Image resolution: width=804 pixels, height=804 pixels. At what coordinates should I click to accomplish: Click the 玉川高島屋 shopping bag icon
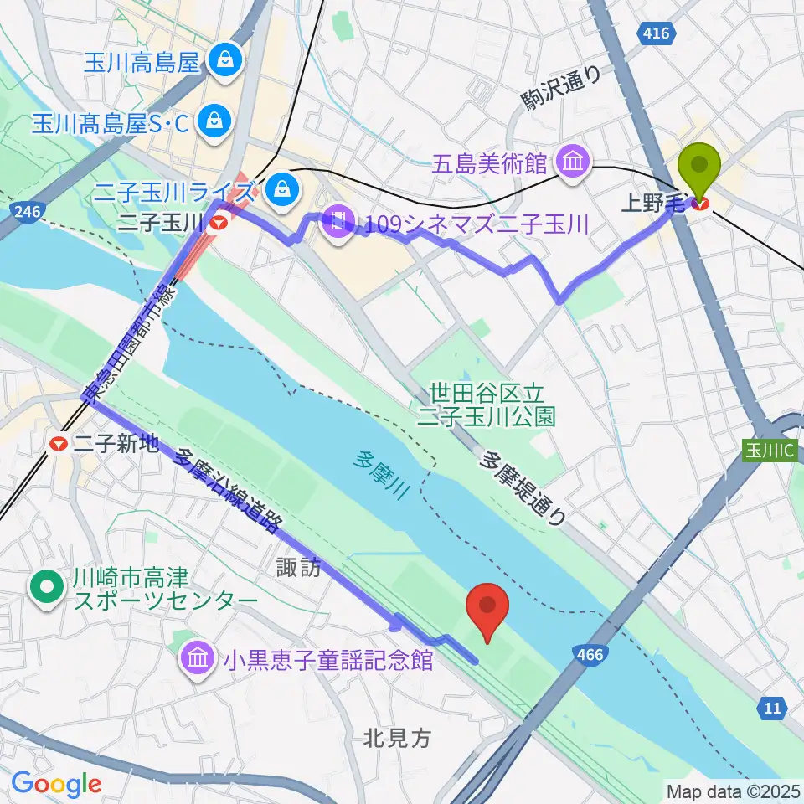[225, 60]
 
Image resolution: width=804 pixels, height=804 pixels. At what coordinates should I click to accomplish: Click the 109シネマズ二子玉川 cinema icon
[338, 224]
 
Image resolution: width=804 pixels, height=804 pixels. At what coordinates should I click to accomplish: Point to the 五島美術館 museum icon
[574, 161]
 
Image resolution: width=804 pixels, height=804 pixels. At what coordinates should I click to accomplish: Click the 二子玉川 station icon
[219, 224]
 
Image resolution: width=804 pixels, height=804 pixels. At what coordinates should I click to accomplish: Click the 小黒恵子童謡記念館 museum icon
[196, 659]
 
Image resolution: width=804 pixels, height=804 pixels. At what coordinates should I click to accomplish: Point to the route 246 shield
[26, 213]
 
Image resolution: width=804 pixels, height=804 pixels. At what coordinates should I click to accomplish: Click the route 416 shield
[657, 33]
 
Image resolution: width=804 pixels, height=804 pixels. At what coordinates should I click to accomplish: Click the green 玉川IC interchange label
[772, 449]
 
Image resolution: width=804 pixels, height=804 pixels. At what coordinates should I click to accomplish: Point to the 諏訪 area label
[299, 568]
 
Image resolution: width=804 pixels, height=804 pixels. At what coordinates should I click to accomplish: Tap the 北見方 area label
[398, 737]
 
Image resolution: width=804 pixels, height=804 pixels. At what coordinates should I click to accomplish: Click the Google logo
[56, 784]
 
